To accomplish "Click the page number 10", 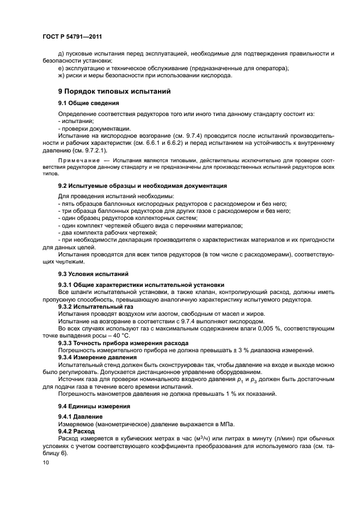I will pyautogui.click(x=45, y=462).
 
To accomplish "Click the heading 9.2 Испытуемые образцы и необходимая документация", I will pyautogui.click(x=143, y=186).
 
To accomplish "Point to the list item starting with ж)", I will pyautogui.click(x=145, y=76).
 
